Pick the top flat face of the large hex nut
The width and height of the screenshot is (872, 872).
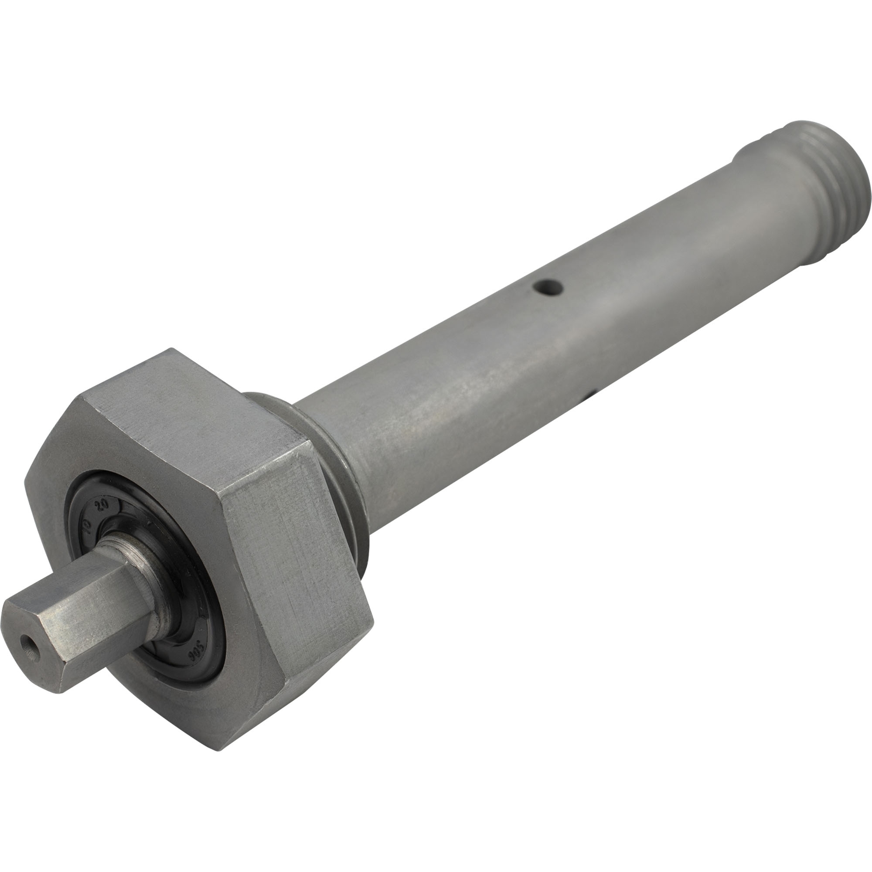(x=190, y=406)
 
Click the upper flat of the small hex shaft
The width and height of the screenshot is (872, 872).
(x=72, y=582)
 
